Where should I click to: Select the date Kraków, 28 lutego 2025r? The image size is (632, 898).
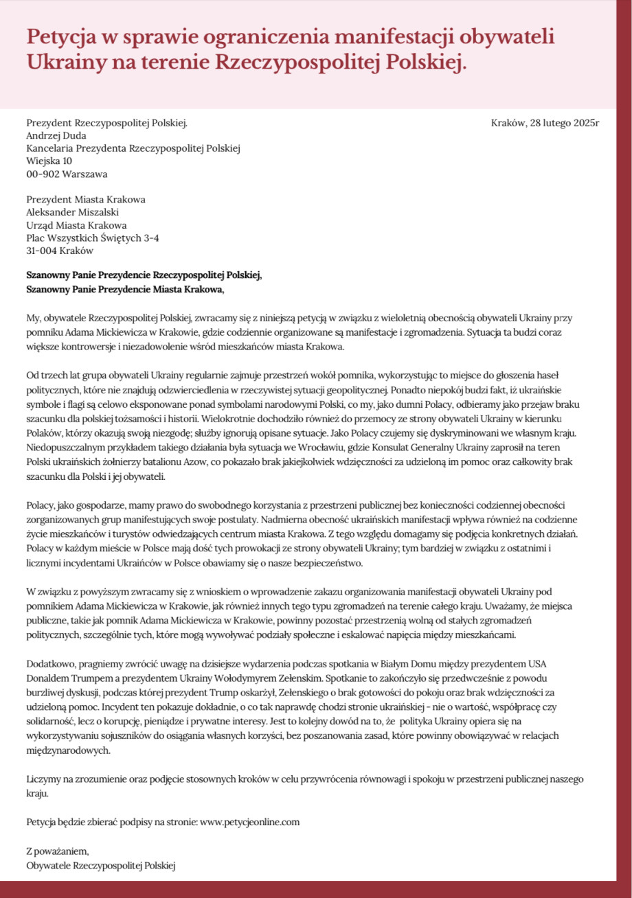(545, 124)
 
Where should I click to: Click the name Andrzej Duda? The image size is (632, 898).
(56, 136)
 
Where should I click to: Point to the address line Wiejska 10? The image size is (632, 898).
(49, 161)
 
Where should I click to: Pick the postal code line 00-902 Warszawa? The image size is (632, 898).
(67, 174)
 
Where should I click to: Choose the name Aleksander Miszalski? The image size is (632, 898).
(72, 212)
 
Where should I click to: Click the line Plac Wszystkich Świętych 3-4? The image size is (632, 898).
(93, 238)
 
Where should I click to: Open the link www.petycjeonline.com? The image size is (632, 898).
(249, 821)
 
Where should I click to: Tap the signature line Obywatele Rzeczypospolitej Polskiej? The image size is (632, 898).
(101, 866)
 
